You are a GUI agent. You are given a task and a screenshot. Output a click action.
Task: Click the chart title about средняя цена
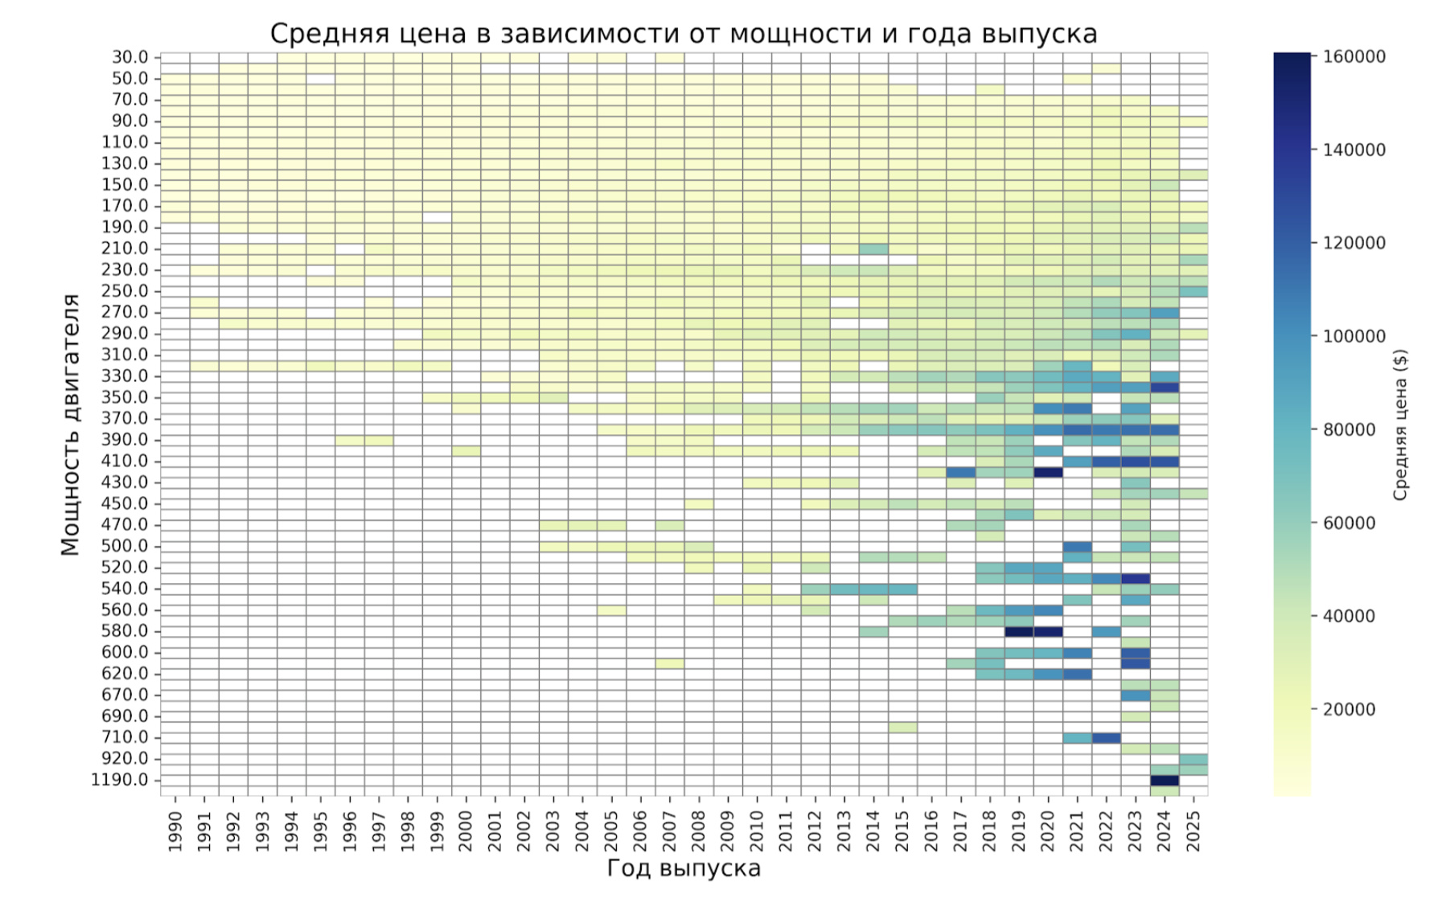(x=683, y=34)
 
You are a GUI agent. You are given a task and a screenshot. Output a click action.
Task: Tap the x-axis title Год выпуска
(x=683, y=868)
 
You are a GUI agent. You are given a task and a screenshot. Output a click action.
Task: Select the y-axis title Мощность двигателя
(x=71, y=425)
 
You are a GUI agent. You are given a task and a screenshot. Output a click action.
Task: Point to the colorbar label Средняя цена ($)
(x=1400, y=425)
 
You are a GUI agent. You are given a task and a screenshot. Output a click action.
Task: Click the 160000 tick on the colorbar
(x=1354, y=57)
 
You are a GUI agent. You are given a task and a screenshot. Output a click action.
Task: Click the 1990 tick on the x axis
(x=175, y=831)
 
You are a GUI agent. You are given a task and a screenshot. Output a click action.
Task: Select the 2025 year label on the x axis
(x=1194, y=831)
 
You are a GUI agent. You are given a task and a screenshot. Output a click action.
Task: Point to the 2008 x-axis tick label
(x=699, y=831)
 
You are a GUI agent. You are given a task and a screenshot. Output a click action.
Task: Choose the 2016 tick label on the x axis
(x=931, y=831)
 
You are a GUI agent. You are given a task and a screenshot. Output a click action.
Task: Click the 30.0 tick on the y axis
(x=130, y=57)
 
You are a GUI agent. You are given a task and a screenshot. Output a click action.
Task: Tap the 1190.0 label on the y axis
(x=120, y=780)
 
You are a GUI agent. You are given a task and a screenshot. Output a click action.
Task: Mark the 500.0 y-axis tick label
(x=125, y=546)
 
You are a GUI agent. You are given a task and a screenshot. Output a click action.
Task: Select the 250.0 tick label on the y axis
(x=125, y=291)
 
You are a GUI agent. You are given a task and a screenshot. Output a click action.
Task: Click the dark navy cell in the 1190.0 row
(x=1164, y=781)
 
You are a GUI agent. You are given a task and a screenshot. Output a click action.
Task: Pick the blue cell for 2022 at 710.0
(x=1106, y=738)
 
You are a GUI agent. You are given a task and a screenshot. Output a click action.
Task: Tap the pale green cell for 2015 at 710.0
(x=902, y=728)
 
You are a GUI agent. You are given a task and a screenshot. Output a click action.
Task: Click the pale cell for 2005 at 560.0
(x=611, y=610)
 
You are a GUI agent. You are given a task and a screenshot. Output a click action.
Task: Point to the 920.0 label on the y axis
(x=125, y=758)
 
